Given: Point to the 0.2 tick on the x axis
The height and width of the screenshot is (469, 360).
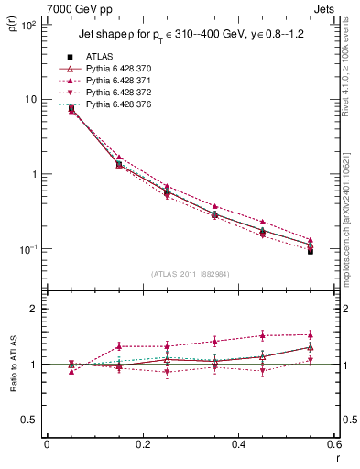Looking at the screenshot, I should [142, 444].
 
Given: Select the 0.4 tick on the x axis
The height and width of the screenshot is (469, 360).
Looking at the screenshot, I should [238, 444].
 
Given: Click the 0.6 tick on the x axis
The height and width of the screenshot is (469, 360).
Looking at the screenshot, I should [333, 444].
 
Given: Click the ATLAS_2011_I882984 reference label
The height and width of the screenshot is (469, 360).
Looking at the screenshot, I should [190, 274].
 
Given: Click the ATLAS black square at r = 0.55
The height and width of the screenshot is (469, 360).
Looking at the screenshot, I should [311, 251].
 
